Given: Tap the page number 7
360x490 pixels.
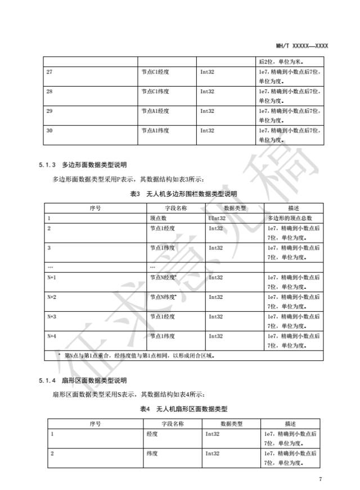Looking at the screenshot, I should click(320, 479).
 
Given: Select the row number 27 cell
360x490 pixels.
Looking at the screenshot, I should click(51, 72).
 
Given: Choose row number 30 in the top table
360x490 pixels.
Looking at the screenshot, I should click(51, 130).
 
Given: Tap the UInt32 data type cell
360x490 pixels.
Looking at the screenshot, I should click(217, 217).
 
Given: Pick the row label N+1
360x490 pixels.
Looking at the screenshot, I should click(52, 278).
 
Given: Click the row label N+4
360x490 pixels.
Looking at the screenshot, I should click(52, 336).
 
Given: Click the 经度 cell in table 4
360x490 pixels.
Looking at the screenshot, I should click(150, 434).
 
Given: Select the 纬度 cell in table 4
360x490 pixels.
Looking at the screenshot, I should click(150, 453).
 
